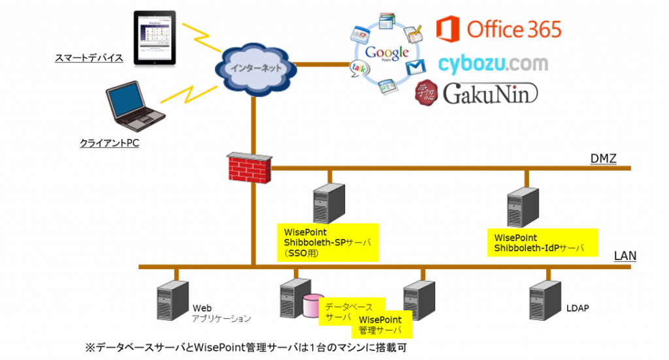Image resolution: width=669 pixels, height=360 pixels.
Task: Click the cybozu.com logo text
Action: point(493,63)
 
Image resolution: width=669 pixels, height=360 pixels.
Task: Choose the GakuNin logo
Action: point(476,94)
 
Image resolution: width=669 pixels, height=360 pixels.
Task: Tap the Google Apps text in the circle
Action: point(387,54)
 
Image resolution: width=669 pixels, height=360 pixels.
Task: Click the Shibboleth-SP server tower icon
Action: point(329,205)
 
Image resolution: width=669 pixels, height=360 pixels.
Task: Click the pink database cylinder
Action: point(312,306)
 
